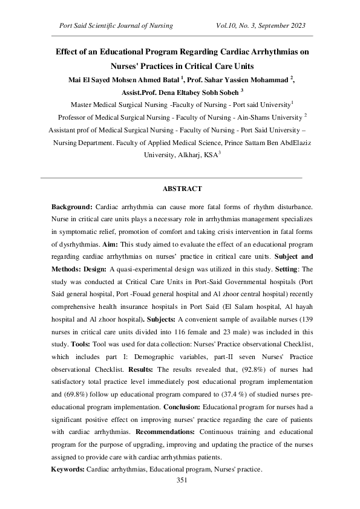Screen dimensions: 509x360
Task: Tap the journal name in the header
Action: click(x=116, y=25)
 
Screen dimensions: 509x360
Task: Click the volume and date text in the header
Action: click(x=260, y=25)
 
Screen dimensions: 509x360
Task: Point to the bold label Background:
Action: click(x=72, y=207)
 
